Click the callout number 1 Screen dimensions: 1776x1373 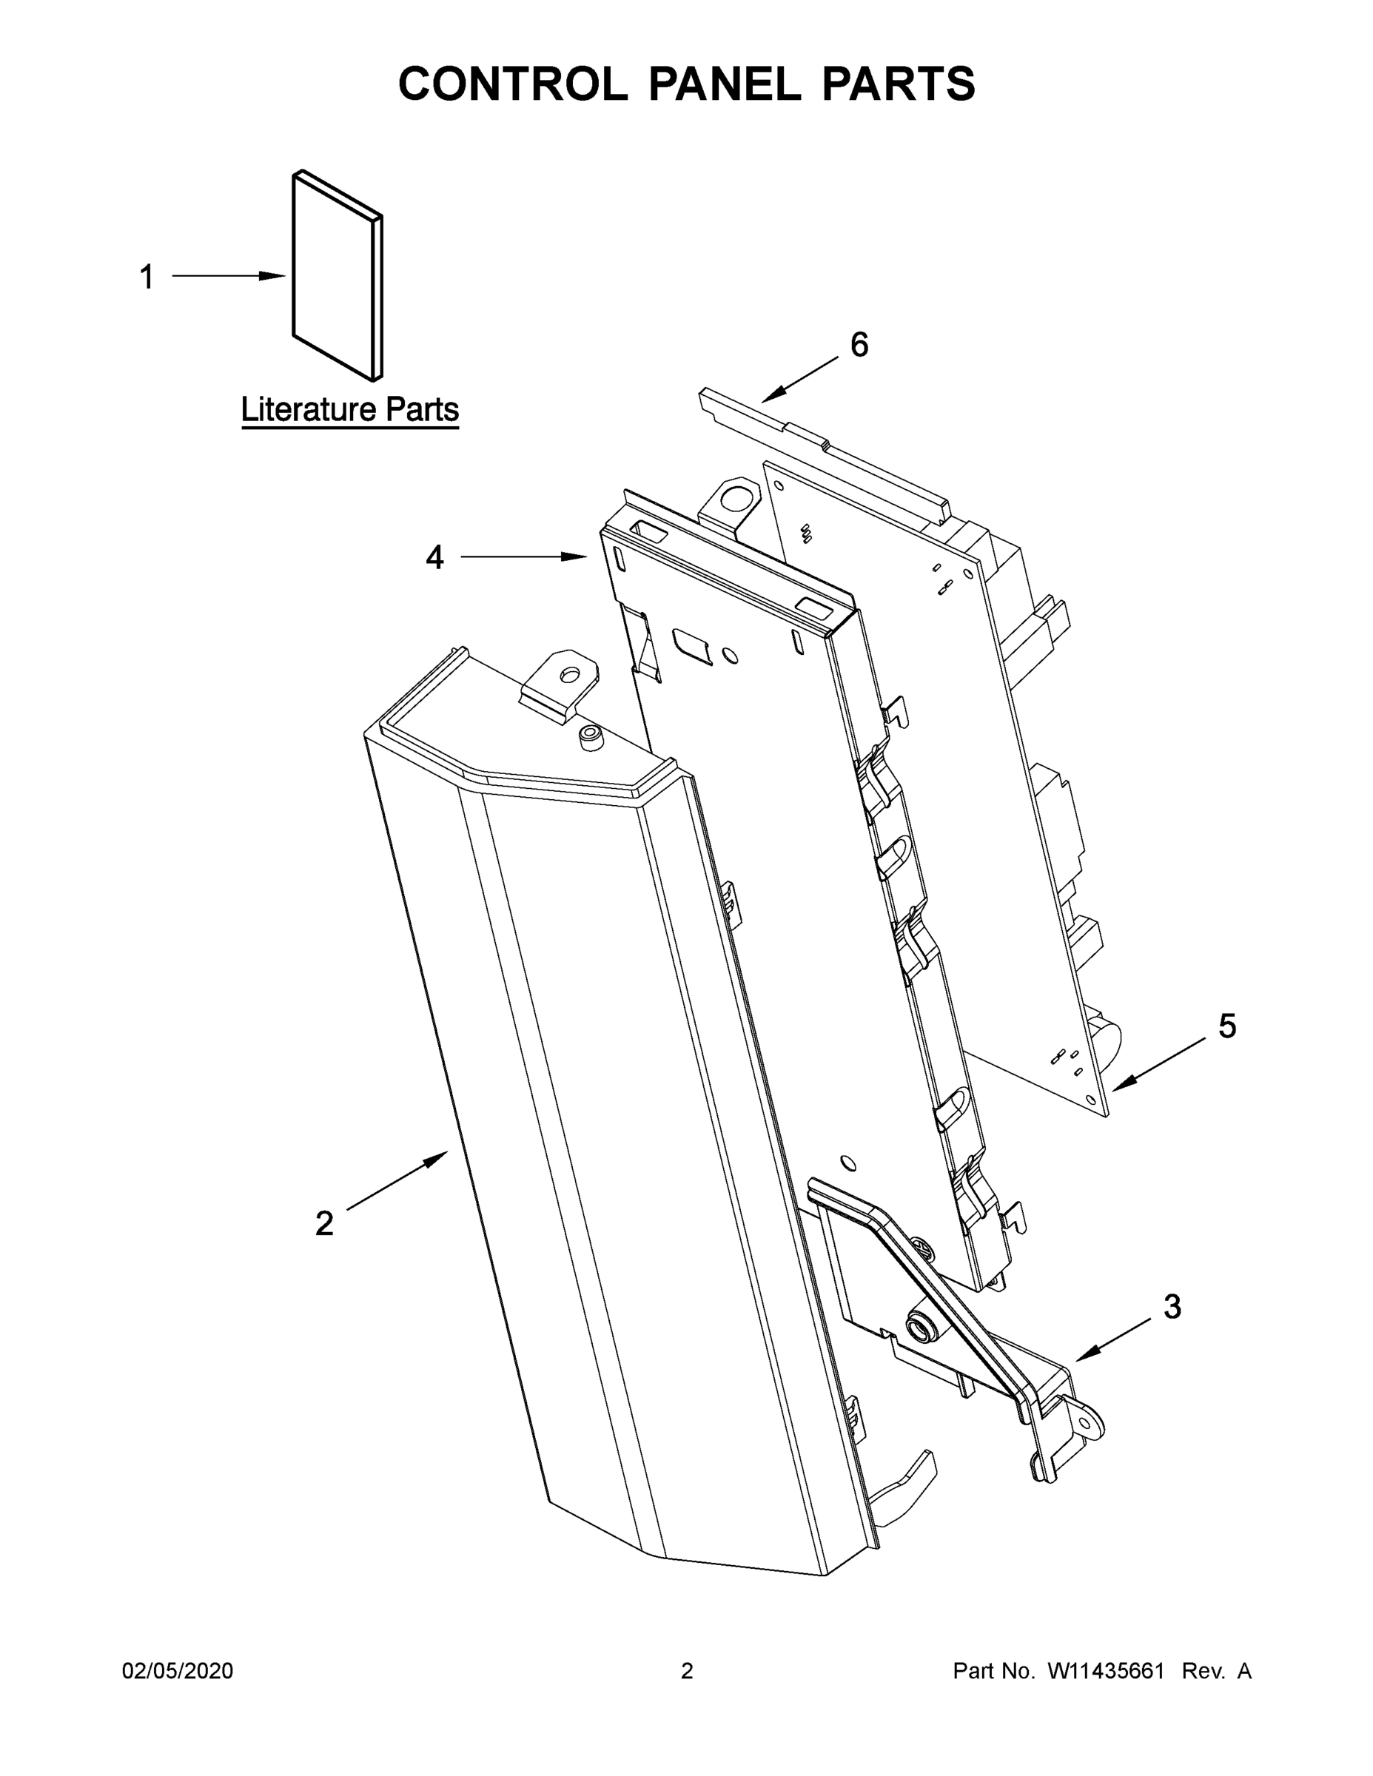pos(147,277)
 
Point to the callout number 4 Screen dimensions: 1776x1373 pos(435,558)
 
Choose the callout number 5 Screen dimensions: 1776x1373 pos(1226,1026)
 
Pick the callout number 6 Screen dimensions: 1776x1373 pos(859,345)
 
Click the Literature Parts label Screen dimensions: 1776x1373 pos(350,409)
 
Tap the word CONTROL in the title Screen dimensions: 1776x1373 pos(512,84)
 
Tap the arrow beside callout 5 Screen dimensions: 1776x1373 pos(1159,1064)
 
